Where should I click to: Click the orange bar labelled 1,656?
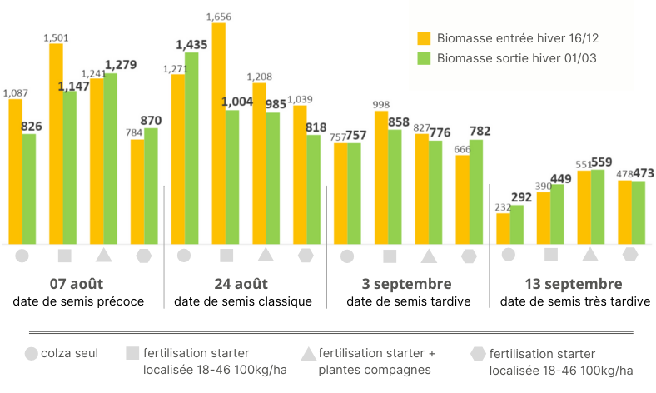pos(218,133)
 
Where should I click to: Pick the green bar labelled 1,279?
pos(110,158)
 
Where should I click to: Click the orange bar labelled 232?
pos(503,228)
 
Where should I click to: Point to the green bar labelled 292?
pos(516,224)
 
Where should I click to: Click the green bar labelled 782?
pos(475,192)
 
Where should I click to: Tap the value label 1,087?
pos(15,93)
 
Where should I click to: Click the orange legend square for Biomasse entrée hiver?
pos(424,37)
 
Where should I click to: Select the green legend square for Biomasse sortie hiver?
pos(424,58)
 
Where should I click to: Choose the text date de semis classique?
pos(243,301)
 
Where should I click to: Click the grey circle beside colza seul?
pos(32,354)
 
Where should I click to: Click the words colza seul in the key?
pos(70,354)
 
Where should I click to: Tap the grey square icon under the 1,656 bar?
pos(226,256)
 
